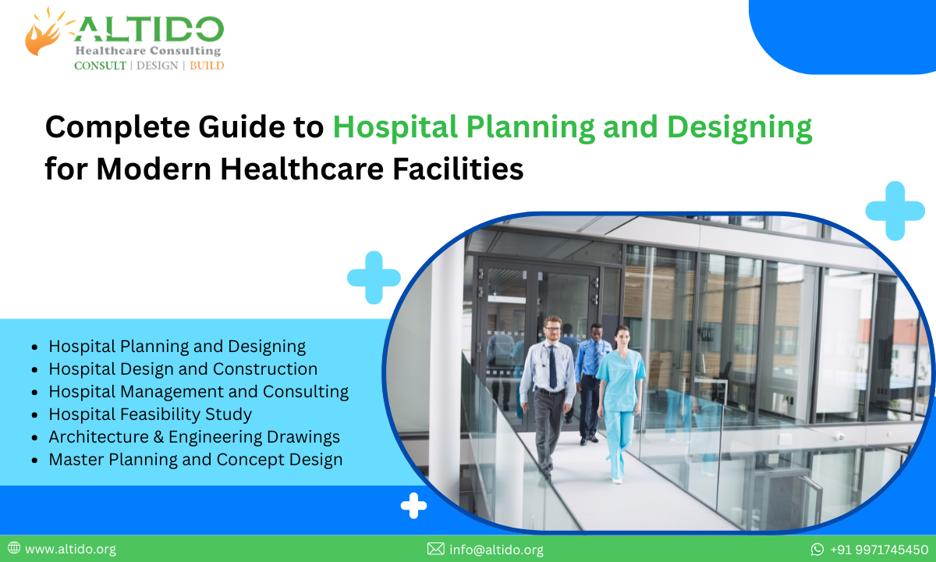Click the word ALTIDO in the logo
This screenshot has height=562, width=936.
point(149,30)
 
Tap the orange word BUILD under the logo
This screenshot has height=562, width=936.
point(207,66)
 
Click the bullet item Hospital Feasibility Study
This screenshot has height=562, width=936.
point(150,414)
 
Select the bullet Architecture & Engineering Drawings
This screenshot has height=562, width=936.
point(194,436)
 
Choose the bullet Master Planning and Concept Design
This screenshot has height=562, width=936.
point(195,459)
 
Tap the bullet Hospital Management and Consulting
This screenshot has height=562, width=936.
point(198,391)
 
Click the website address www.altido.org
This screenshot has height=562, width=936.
point(70,550)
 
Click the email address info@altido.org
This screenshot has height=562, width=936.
point(496,550)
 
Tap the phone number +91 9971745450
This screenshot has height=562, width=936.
point(878,550)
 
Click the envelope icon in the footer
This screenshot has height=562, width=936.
point(435,550)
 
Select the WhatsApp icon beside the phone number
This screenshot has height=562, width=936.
point(817,550)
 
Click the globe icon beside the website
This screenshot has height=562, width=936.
point(13,549)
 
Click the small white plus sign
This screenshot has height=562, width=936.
point(413,506)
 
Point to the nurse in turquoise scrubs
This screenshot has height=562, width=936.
point(620,390)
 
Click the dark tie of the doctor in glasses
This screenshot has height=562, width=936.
point(552,367)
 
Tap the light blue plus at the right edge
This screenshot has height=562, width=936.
point(895,211)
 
